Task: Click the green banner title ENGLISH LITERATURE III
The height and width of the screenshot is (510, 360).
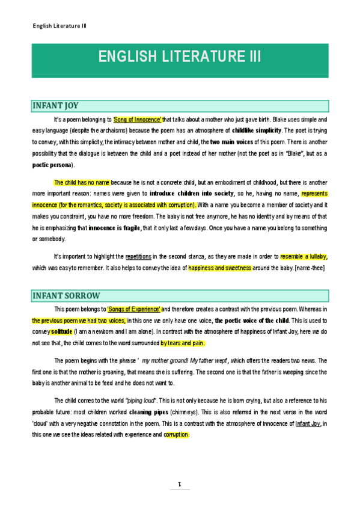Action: click(x=180, y=57)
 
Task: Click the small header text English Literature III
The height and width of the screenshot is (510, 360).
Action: click(x=59, y=26)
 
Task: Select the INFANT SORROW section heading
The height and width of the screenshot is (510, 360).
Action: click(x=66, y=296)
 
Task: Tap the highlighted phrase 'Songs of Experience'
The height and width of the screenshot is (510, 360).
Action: click(x=134, y=309)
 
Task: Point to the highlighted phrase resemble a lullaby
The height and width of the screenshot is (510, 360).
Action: click(x=304, y=257)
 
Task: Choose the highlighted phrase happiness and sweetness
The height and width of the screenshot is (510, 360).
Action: click(x=219, y=268)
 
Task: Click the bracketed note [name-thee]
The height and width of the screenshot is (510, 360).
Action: click(x=307, y=268)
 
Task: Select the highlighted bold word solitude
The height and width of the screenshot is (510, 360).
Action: click(x=61, y=331)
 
